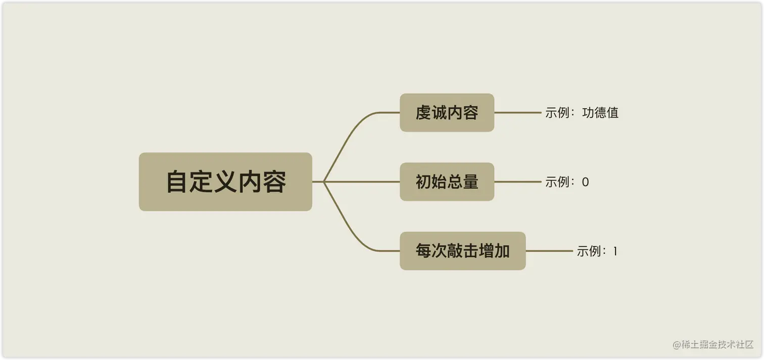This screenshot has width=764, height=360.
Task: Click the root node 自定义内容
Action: pyautogui.click(x=225, y=182)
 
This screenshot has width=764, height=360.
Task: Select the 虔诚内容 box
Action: pyautogui.click(x=447, y=113)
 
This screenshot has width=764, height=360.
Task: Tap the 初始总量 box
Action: pyautogui.click(x=447, y=182)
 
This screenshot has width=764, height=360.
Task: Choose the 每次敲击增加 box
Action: pyautogui.click(x=462, y=251)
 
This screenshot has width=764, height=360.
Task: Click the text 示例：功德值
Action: pyautogui.click(x=582, y=113)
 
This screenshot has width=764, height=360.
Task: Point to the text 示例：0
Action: pyautogui.click(x=567, y=182)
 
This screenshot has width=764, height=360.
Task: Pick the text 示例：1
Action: pyautogui.click(x=597, y=251)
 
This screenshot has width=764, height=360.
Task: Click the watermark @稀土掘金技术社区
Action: pyautogui.click(x=712, y=345)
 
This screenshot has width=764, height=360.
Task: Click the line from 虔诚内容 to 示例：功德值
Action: pyautogui.click(x=517, y=113)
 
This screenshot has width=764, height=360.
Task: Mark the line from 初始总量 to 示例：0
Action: pyautogui.click(x=517, y=182)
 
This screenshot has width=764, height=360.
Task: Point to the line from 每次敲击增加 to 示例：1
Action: pyautogui.click(x=549, y=251)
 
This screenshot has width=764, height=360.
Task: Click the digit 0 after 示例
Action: pyautogui.click(x=585, y=182)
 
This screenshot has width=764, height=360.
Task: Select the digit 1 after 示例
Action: pyautogui.click(x=615, y=251)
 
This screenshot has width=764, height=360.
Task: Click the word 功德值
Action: pyautogui.click(x=600, y=113)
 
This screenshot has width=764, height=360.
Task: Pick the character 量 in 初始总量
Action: pyautogui.click(x=470, y=182)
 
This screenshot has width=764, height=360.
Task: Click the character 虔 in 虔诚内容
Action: pyautogui.click(x=423, y=113)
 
